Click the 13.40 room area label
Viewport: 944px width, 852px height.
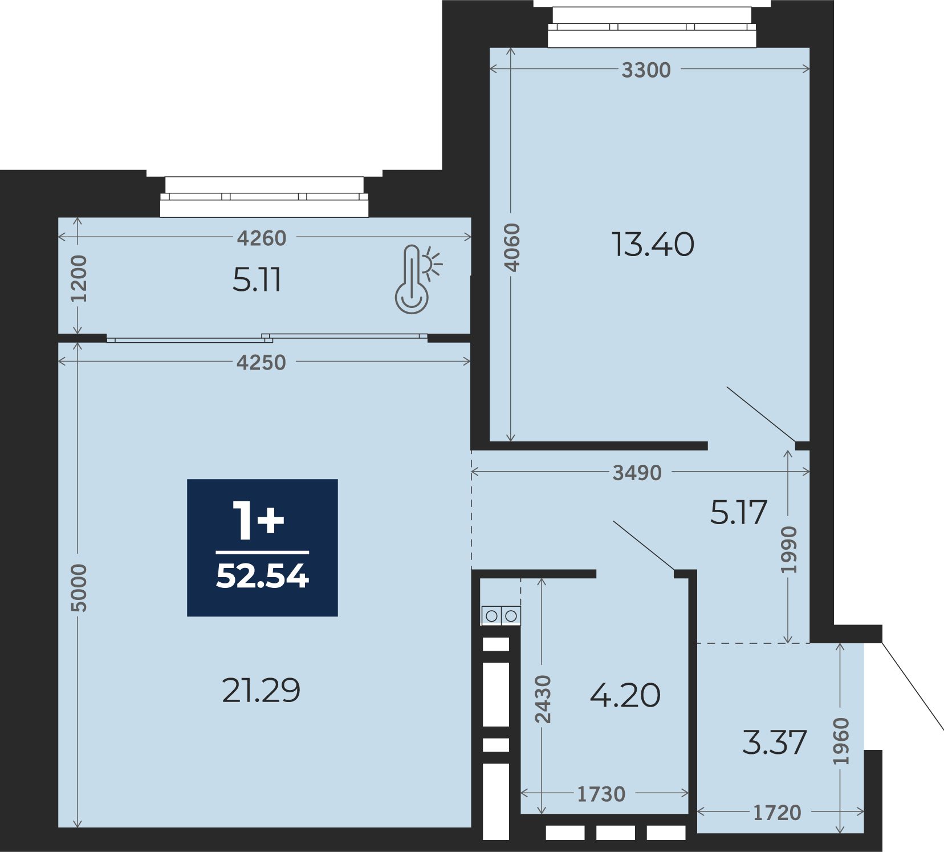click(x=653, y=244)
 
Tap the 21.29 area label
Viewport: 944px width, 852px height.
click(x=261, y=690)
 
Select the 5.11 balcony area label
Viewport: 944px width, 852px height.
click(x=257, y=280)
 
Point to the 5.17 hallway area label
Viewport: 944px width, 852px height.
click(x=739, y=512)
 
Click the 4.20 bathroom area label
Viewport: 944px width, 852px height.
click(x=625, y=695)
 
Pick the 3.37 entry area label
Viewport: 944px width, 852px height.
click(x=775, y=743)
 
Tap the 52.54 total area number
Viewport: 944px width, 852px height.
click(x=262, y=576)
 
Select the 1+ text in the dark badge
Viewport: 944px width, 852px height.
click(x=259, y=520)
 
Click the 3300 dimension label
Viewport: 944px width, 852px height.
click(x=646, y=70)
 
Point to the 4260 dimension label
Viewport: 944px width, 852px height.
click(x=262, y=238)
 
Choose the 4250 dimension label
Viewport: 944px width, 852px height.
click(x=261, y=363)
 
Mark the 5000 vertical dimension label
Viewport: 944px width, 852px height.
click(x=79, y=588)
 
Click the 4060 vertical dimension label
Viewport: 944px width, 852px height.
click(x=512, y=248)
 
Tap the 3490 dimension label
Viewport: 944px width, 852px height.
click(x=637, y=473)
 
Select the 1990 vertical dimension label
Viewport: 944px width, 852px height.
click(x=789, y=550)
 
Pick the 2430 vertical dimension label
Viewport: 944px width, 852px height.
click(x=543, y=699)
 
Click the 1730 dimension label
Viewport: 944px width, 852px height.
click(x=601, y=794)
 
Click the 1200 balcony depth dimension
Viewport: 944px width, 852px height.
click(x=79, y=279)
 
